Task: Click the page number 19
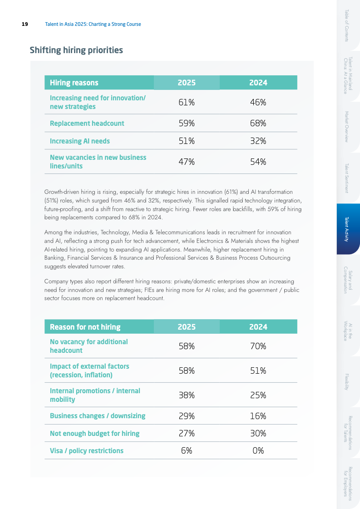(x=25, y=24)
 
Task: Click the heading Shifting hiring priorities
(x=76, y=50)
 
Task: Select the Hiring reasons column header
(x=74, y=83)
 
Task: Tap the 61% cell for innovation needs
(x=187, y=102)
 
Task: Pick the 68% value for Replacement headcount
(x=258, y=123)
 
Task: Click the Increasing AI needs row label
(x=80, y=141)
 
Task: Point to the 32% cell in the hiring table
(x=258, y=141)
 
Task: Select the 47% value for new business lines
(x=187, y=162)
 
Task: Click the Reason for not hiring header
(x=85, y=327)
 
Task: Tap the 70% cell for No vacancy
(x=258, y=346)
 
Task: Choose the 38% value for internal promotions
(x=187, y=395)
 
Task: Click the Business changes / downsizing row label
(x=98, y=415)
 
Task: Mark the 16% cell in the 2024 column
(x=258, y=415)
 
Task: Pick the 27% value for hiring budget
(x=187, y=433)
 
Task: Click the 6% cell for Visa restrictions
(x=187, y=450)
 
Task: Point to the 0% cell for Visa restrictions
(x=258, y=450)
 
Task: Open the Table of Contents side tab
(x=347, y=25)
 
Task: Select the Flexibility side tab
(x=347, y=381)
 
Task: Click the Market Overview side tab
(x=347, y=127)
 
